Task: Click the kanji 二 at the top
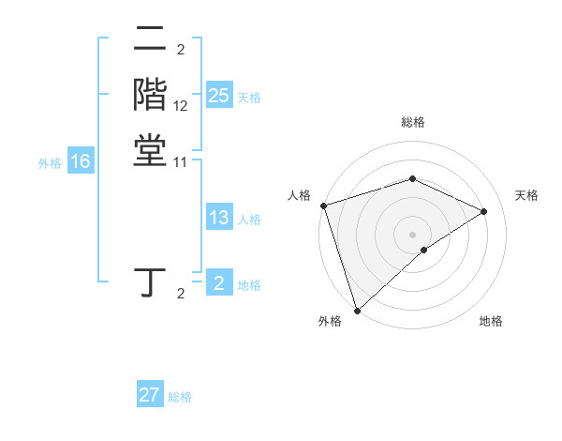tap(150, 40)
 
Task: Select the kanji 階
tap(150, 95)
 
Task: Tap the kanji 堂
tap(150, 150)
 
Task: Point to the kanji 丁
tap(150, 282)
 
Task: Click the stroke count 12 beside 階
tap(181, 106)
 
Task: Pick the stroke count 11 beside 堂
tap(181, 161)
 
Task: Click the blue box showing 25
tap(218, 96)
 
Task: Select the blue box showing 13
tap(218, 219)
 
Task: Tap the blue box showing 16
tap(81, 161)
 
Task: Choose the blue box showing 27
tap(150, 395)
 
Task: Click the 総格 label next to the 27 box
tap(180, 397)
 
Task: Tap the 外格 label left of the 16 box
tap(50, 162)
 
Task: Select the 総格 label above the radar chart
tap(412, 123)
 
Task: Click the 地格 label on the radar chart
tap(491, 322)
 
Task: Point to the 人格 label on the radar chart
tap(300, 195)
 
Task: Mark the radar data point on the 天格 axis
tap(484, 211)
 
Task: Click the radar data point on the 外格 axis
tap(357, 310)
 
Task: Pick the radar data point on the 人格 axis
tap(323, 205)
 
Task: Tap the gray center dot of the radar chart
tap(412, 234)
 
